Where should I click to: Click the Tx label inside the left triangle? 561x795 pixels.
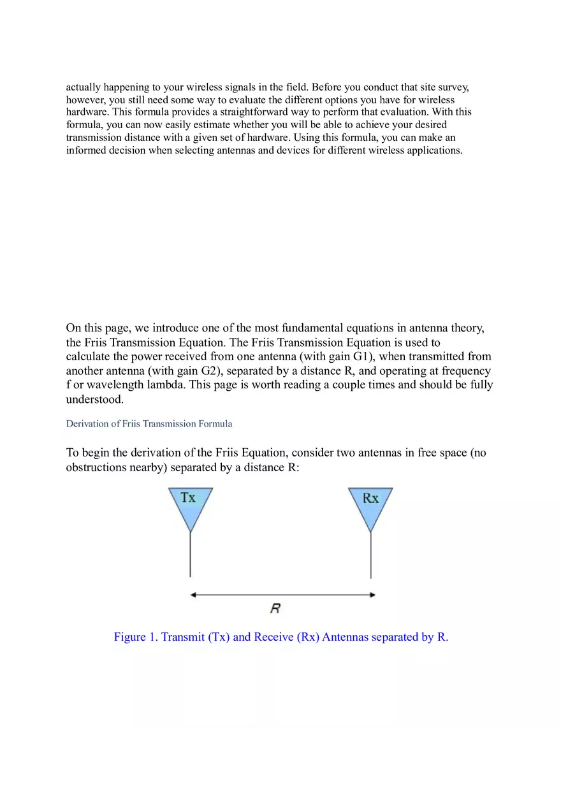(188, 498)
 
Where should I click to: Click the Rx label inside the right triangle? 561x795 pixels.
(370, 499)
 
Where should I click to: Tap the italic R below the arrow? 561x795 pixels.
(275, 609)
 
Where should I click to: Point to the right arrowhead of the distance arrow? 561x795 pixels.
(372, 595)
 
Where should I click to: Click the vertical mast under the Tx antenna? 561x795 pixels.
(190, 555)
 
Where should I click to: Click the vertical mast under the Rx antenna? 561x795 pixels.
(371, 555)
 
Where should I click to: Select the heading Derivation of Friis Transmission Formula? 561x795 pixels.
(149, 424)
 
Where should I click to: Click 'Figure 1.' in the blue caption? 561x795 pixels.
(136, 637)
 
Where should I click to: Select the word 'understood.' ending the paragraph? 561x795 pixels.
(95, 400)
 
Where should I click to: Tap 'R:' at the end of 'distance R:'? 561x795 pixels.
(294, 467)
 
